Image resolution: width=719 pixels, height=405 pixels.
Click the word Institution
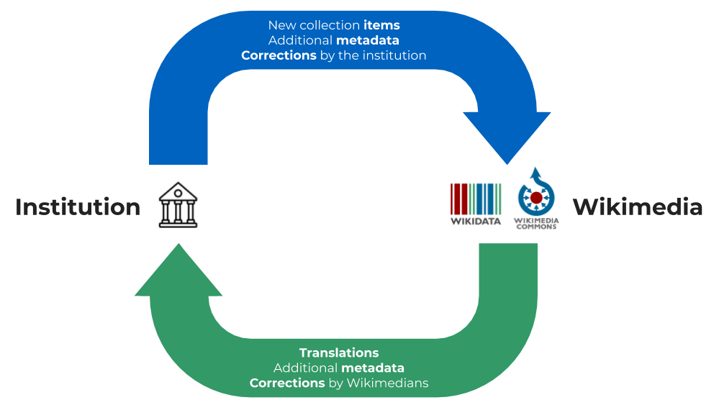78,207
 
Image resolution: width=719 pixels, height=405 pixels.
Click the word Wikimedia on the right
637,207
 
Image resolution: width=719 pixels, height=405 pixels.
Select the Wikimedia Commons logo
536,198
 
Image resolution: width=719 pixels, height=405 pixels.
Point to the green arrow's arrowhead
178,272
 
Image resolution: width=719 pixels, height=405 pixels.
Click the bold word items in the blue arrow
381,26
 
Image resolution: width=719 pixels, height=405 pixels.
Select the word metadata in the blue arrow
367,40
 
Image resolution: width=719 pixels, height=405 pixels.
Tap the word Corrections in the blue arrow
279,55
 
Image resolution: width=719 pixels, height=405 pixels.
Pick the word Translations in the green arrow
339,353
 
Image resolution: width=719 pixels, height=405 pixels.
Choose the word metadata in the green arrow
372,368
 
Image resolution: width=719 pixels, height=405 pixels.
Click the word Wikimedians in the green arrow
387,383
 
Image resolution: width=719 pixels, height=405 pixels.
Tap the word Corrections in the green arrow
287,383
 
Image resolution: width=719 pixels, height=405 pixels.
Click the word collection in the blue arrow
329,26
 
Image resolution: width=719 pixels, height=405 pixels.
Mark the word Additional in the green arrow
305,368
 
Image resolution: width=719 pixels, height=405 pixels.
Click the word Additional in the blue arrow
300,40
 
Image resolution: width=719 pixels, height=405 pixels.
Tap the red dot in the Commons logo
535,196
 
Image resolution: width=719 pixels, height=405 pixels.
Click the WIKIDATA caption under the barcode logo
476,222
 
